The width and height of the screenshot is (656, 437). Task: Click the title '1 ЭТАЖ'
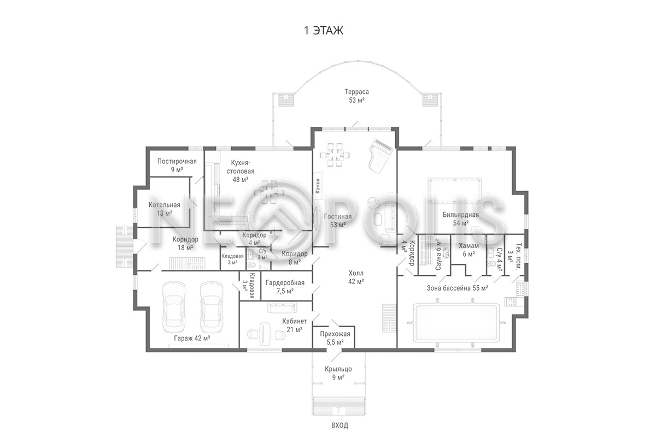pos(324,31)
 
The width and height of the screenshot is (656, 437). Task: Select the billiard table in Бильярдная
pos(454,191)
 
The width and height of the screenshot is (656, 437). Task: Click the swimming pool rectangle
pos(457,323)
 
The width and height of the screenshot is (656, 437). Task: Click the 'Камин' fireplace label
pos(318,186)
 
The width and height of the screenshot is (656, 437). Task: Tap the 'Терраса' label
pos(356,92)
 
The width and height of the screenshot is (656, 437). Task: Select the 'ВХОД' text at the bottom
pos(339,425)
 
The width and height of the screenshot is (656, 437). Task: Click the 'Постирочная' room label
pos(177,161)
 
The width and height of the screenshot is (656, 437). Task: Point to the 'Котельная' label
pos(165,205)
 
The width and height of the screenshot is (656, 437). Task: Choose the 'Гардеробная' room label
pos(285,283)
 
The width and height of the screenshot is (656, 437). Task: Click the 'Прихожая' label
pos(335,334)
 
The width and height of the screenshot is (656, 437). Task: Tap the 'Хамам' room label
pos(469,246)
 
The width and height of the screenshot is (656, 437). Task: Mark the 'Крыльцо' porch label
pos(338,369)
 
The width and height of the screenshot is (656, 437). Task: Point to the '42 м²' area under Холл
pos(356,281)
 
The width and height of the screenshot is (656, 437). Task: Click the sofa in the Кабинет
pos(282,308)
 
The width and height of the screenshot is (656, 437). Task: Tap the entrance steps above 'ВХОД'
pos(339,406)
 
